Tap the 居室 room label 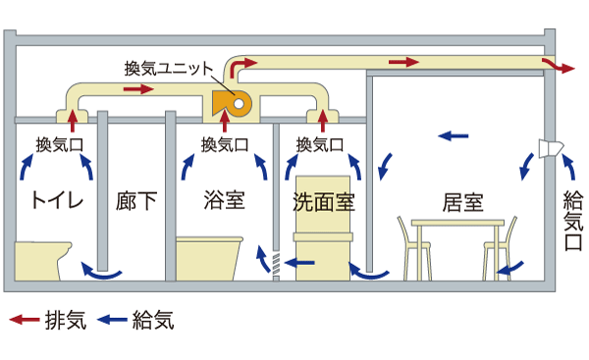[461, 203]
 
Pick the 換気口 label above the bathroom [225, 143]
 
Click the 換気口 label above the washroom [320, 143]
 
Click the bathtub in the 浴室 [210, 257]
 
